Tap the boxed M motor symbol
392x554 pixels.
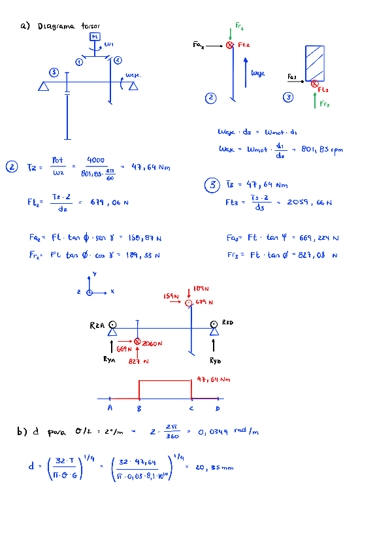[95, 37]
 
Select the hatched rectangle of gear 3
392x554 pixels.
[315, 63]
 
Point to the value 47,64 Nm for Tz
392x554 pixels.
[150, 167]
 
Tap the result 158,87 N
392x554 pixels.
[145, 238]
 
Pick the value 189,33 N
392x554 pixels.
[144, 255]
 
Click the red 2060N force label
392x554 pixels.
[152, 343]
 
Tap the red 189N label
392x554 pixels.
[201, 288]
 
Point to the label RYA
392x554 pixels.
[111, 359]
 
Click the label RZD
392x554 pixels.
[227, 323]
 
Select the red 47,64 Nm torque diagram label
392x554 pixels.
[214, 379]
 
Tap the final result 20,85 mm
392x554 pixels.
[215, 467]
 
